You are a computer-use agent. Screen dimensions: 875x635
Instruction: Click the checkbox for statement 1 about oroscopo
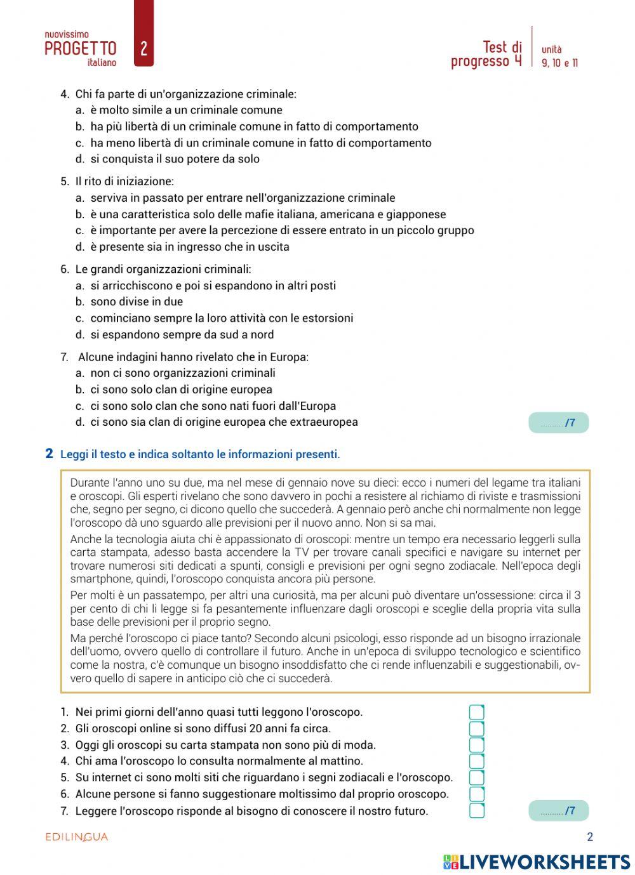pos(476,713)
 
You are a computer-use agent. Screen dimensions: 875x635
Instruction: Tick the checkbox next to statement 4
pos(476,761)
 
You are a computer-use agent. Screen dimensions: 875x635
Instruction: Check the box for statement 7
pos(476,810)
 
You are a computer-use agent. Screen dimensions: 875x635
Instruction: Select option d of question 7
pos(224,422)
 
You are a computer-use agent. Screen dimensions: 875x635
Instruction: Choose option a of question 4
pos(186,110)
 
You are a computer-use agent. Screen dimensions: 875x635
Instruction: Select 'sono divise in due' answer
pos(136,302)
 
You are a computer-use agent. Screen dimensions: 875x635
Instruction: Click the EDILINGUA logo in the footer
pos(77,837)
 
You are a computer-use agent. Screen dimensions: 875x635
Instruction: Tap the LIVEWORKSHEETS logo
pos(537,862)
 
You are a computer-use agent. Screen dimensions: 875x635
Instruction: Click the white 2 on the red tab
pos(144,48)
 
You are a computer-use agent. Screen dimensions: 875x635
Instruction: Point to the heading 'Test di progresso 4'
pos(486,54)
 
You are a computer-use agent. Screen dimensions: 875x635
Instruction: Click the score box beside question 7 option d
pos(558,423)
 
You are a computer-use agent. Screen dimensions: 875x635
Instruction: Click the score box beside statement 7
pos(558,811)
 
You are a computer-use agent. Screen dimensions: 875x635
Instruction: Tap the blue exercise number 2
pos(49,454)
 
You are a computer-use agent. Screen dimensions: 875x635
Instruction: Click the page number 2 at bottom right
pos(590,837)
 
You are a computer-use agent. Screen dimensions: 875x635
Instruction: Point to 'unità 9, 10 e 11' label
pos(559,56)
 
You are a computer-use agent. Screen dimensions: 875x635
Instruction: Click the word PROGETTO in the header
pos(81,49)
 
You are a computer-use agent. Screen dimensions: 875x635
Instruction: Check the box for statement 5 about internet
pos(476,778)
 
